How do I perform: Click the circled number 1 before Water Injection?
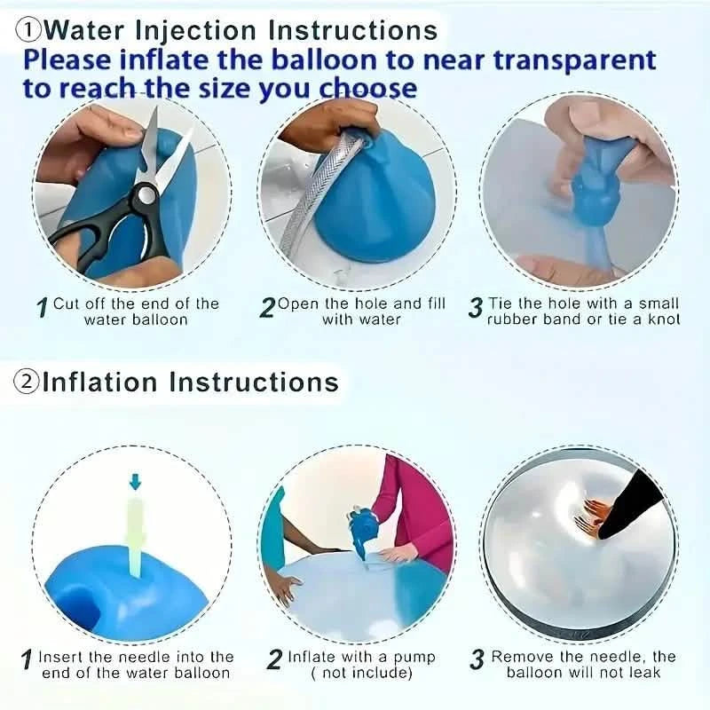[x=29, y=29]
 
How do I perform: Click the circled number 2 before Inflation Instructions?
[x=26, y=382]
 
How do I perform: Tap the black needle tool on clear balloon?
[x=635, y=506]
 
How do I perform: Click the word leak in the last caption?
[x=638, y=673]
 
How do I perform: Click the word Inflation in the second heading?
[x=100, y=382]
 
